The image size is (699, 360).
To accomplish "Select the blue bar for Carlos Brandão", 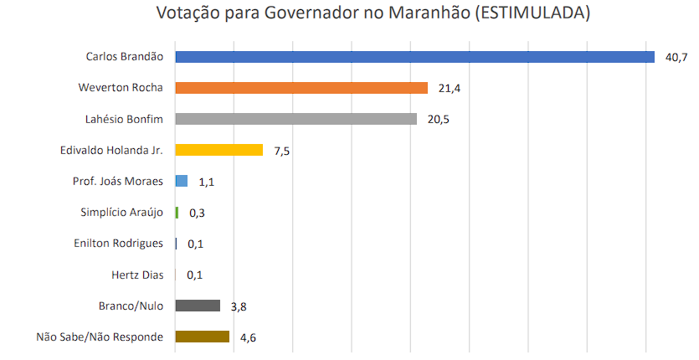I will pos(414,57).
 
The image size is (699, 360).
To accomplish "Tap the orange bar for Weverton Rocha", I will pos(301,88).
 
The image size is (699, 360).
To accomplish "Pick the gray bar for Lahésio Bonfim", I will pos(296,119).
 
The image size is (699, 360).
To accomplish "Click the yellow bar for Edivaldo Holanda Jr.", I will pos(219,150).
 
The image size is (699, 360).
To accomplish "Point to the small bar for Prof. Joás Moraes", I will pos(181,181).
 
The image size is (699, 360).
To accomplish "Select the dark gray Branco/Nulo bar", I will pos(198,306).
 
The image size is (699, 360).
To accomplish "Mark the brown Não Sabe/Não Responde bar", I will pos(202,337).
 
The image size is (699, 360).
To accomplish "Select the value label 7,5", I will pos(281,151).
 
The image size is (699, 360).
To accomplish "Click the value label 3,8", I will pos(238,306).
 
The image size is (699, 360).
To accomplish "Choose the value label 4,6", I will pos(247,337).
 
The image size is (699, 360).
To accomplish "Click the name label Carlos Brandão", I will pos(124,57).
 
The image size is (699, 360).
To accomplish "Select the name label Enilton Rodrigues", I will pos(118,244).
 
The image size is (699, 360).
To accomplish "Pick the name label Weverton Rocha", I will pos(121,88).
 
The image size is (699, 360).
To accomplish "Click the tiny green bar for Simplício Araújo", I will pos(177,213).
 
